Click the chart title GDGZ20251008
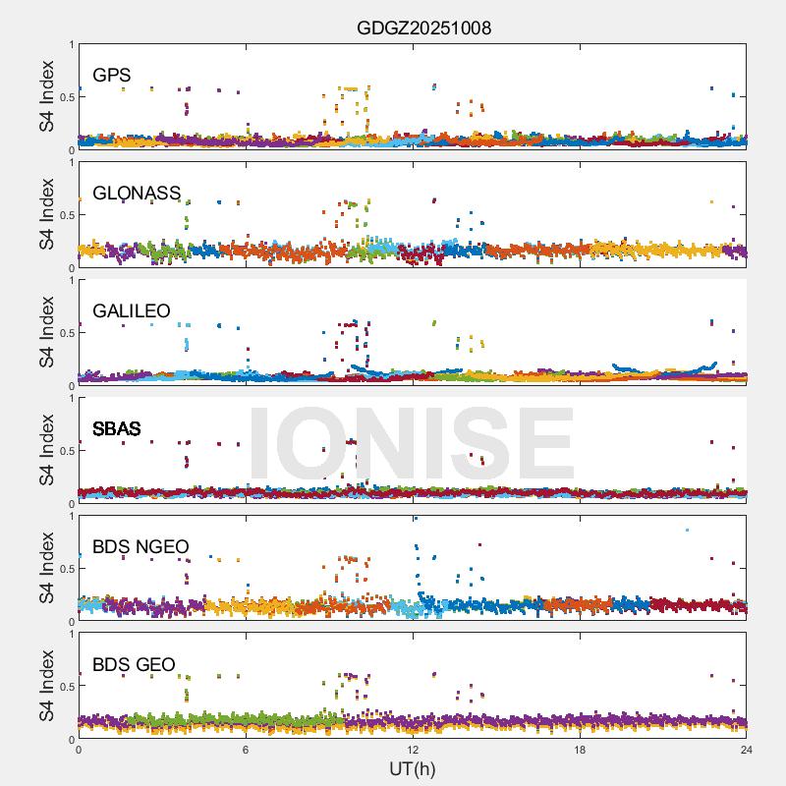pyautogui.click(x=423, y=28)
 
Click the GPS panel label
pyautogui.click(x=111, y=75)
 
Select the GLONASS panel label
pyautogui.click(x=137, y=193)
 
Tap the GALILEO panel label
pyautogui.click(x=132, y=310)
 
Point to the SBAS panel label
pyautogui.click(x=116, y=428)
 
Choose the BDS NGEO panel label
pyautogui.click(x=140, y=546)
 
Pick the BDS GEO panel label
pyautogui.click(x=134, y=664)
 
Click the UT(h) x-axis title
pyautogui.click(x=412, y=767)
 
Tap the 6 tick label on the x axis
pyautogui.click(x=246, y=750)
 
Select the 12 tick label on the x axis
pyautogui.click(x=413, y=750)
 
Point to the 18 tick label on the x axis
pyautogui.click(x=580, y=750)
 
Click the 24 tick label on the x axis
pyautogui.click(x=747, y=750)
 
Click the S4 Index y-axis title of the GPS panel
pyautogui.click(x=46, y=96)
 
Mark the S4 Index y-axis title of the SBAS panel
pyautogui.click(x=46, y=450)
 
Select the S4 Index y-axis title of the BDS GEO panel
pyautogui.click(x=46, y=686)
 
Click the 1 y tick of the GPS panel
pyautogui.click(x=71, y=44)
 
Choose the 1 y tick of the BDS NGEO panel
pyautogui.click(x=71, y=516)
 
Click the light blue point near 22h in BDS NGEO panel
pyautogui.click(x=687, y=530)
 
